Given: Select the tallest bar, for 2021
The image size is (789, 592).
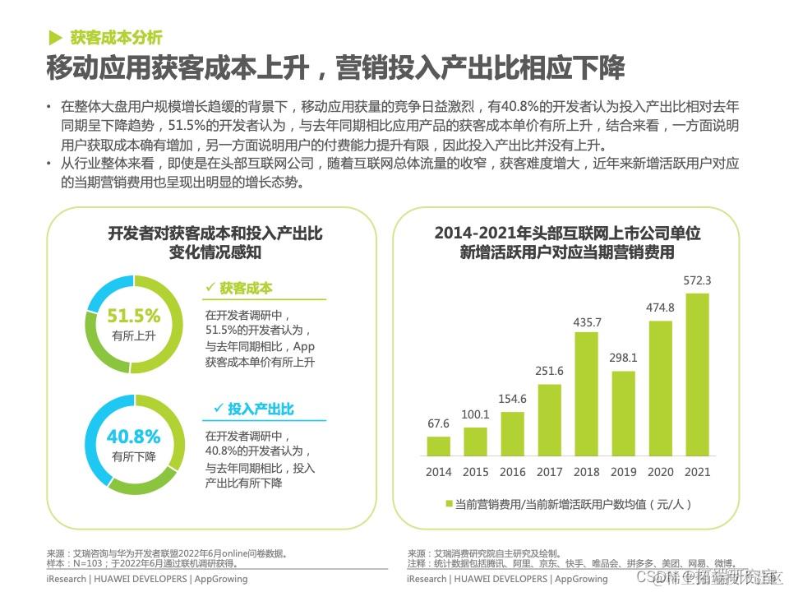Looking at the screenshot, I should click(x=697, y=375).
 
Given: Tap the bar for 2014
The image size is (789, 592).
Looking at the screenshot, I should click(x=439, y=446).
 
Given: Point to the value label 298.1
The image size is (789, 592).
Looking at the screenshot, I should click(x=623, y=358).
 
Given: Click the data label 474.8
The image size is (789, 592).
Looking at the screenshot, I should click(x=660, y=308).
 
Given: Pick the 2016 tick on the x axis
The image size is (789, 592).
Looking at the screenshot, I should click(x=512, y=472).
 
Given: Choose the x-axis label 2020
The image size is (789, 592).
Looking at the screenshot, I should click(x=660, y=472).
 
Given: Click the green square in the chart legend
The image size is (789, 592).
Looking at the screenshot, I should click(x=450, y=503).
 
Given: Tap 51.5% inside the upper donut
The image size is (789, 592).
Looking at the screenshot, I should click(x=133, y=316).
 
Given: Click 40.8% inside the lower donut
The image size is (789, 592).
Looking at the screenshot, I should click(x=133, y=437).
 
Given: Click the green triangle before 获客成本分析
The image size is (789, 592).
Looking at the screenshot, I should click(x=55, y=37).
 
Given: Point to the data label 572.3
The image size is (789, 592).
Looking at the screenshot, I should click(x=697, y=280).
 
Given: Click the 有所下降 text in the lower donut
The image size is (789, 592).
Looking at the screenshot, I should click(x=133, y=456).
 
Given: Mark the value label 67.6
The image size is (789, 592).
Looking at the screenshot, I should click(x=439, y=423).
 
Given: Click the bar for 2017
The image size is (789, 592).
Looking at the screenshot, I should click(x=549, y=420).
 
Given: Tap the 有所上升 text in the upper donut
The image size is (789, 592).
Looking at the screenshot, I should click(x=133, y=335).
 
